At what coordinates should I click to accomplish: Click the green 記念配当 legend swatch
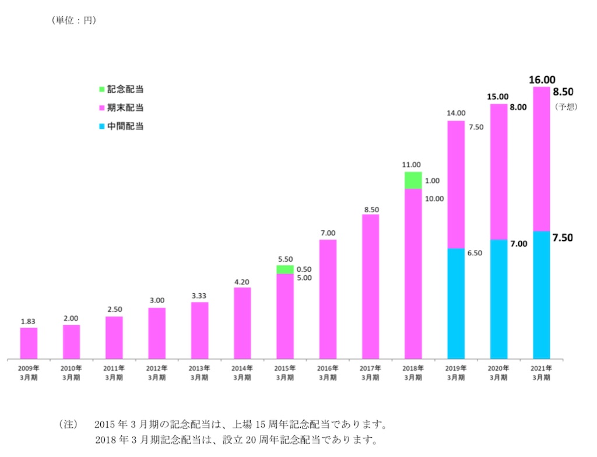pyautogui.click(x=101, y=90)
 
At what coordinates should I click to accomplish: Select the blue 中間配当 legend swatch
pyautogui.click(x=101, y=126)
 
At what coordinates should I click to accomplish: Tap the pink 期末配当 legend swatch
pyautogui.click(x=101, y=108)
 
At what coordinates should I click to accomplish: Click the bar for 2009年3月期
pyautogui.click(x=29, y=343)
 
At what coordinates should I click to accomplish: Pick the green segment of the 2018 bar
pyautogui.click(x=413, y=180)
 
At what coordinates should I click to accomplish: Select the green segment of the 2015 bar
pyautogui.click(x=285, y=269)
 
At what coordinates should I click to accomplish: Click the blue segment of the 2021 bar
pyautogui.click(x=541, y=294)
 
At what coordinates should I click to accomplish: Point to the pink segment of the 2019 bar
pyautogui.click(x=456, y=185)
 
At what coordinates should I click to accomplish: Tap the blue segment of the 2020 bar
pyautogui.click(x=498, y=298)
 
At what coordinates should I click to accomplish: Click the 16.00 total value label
pyautogui.click(x=542, y=79)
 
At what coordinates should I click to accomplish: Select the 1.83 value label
pyautogui.click(x=29, y=321)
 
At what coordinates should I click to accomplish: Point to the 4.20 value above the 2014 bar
pyautogui.click(x=243, y=280)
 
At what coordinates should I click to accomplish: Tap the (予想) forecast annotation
pyautogui.click(x=565, y=107)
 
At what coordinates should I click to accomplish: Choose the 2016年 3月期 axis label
pyautogui.click(x=328, y=372)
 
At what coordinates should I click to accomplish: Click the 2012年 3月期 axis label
pyautogui.click(x=157, y=372)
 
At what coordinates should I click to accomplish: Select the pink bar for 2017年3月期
pyautogui.click(x=370, y=286)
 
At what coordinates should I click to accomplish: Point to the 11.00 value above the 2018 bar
pyautogui.click(x=413, y=165)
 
